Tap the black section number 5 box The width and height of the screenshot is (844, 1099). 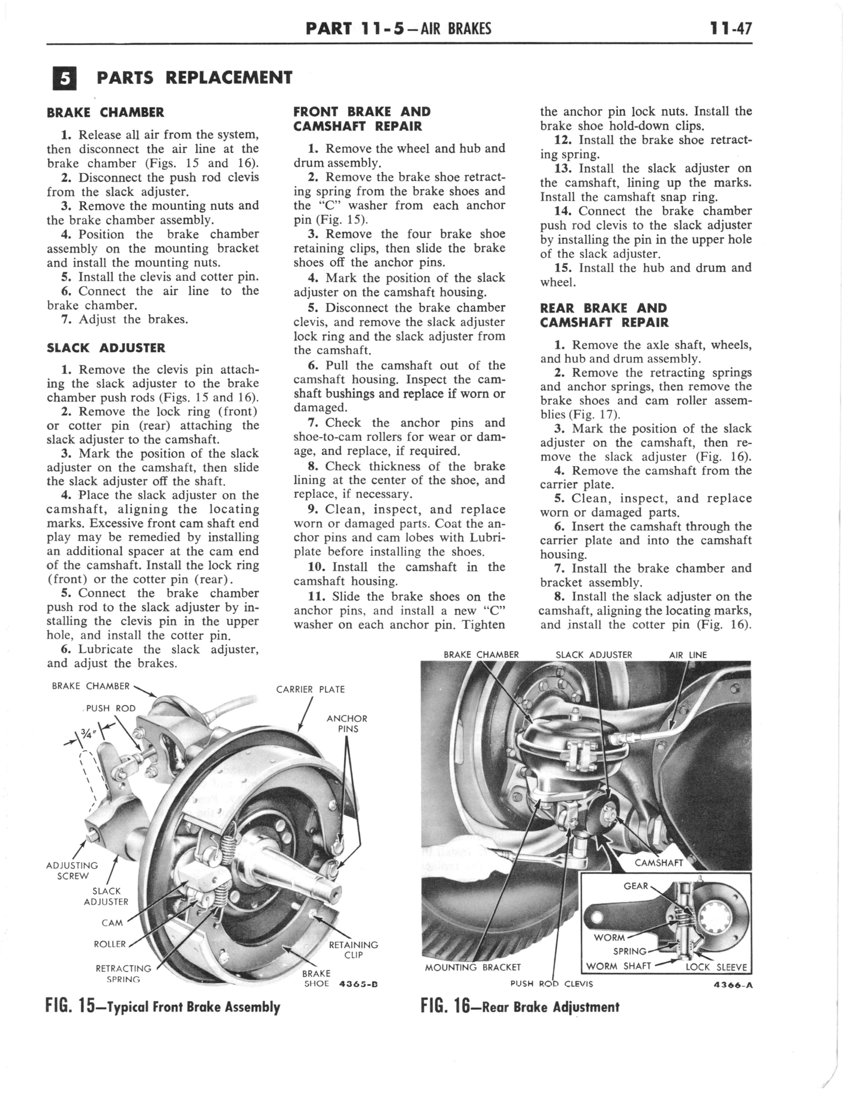[x=64, y=79]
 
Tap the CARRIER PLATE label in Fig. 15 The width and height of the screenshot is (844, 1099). [x=310, y=689]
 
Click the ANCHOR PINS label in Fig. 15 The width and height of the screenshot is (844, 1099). [x=347, y=723]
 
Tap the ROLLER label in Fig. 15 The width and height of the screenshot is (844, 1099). [x=110, y=944]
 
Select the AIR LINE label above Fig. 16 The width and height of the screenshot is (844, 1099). [x=688, y=655]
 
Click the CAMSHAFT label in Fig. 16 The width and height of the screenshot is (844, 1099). [x=659, y=862]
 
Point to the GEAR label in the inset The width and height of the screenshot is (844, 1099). [x=635, y=886]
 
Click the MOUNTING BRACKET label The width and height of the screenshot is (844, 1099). [x=472, y=967]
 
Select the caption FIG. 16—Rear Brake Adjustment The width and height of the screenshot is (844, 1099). [x=520, y=1006]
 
